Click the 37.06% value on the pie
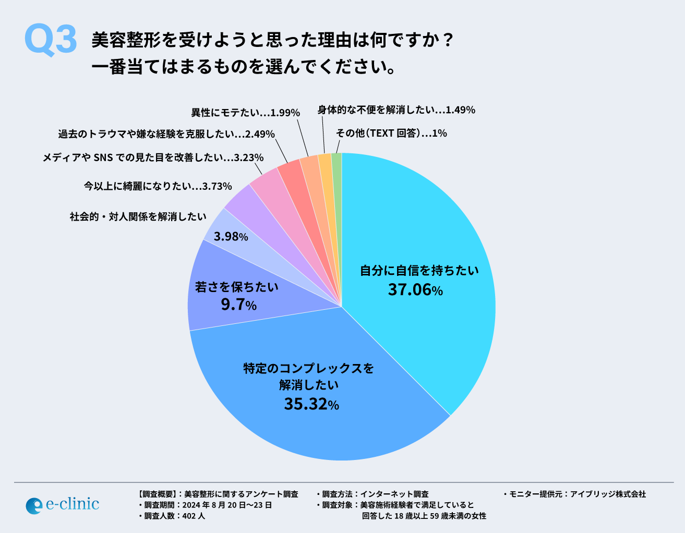(415, 289)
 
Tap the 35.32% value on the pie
(311, 404)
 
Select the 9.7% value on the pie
(238, 305)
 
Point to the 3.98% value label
(231, 236)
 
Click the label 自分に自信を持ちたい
(419, 271)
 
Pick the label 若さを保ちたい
(237, 287)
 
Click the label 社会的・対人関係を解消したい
(138, 216)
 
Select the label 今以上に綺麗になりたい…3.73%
(158, 186)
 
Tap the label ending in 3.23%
(153, 157)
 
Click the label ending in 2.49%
(166, 134)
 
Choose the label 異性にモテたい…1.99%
(245, 113)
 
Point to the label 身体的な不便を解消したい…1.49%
(396, 110)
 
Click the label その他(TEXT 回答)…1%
(391, 133)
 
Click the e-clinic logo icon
(33, 505)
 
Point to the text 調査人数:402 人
(172, 516)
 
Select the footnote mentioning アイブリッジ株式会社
(574, 494)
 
